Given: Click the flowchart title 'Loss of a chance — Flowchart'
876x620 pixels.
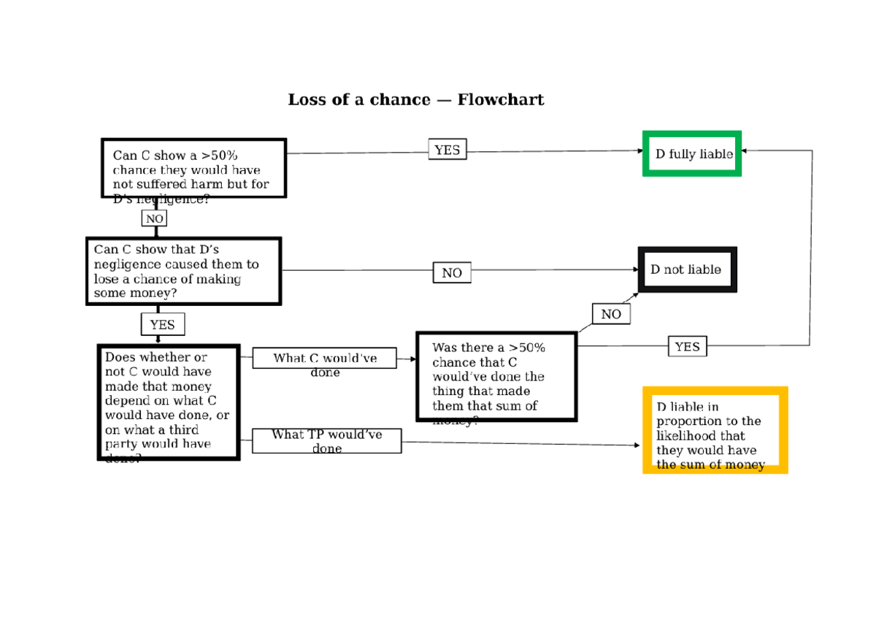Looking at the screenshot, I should [415, 99].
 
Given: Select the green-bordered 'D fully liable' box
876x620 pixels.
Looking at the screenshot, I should [691, 153].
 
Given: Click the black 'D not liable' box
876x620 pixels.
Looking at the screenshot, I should [687, 269].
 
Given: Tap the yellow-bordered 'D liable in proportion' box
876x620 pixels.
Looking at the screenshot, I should [715, 430].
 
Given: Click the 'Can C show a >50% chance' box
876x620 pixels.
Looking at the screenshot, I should [193, 169].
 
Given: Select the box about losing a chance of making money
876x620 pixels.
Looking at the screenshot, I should [182, 271].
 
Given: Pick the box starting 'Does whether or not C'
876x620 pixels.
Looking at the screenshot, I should [169, 402].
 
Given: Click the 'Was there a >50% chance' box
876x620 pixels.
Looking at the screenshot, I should [496, 377].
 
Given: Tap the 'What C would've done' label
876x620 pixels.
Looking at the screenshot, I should [325, 359].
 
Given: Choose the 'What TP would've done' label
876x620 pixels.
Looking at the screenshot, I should [326, 440].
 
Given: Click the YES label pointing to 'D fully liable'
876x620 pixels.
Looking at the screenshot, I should [447, 150].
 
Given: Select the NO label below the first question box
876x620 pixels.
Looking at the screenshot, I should [154, 218].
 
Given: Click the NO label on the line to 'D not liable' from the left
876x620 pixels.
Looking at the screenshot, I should [451, 272].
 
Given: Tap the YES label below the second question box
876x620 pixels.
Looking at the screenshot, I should [162, 324].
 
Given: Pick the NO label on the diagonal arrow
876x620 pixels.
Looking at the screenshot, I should [610, 314].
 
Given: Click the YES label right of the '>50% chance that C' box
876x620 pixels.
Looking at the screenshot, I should [687, 346].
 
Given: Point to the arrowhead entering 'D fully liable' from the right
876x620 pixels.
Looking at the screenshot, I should [744, 150].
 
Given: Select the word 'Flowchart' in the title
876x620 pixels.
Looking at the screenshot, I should [500, 99].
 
